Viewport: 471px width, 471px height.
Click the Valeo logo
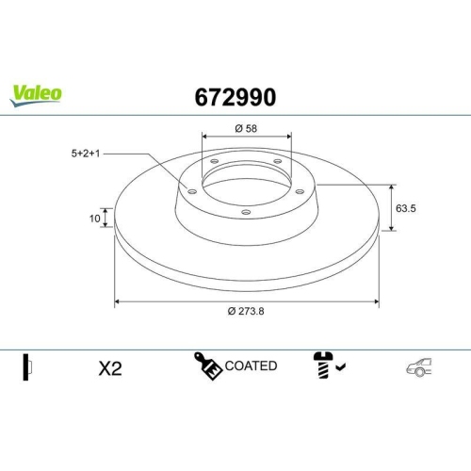[x=37, y=92]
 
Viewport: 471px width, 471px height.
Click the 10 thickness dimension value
[x=94, y=219]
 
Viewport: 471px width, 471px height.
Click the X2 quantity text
[x=110, y=368]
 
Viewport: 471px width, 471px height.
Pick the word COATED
[x=251, y=365]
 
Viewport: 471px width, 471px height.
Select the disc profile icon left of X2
[x=27, y=367]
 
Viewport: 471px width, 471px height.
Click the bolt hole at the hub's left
[x=192, y=192]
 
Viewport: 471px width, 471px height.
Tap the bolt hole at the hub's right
[x=300, y=191]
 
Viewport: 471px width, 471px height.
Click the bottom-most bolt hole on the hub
[x=246, y=212]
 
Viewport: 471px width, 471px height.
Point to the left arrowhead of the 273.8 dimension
[x=117, y=301]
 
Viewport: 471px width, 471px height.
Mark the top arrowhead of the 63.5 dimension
[x=392, y=186]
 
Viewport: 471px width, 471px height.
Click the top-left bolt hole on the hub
[x=215, y=161]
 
